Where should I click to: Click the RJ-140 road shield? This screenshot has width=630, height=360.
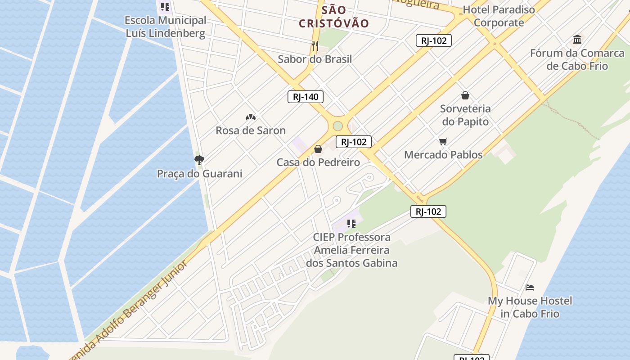click(306, 97)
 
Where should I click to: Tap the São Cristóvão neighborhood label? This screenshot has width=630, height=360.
click(334, 17)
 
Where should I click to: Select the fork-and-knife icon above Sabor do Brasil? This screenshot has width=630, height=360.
click(315, 45)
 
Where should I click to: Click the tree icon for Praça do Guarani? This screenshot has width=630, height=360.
click(199, 160)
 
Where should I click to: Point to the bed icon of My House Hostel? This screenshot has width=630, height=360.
click(530, 287)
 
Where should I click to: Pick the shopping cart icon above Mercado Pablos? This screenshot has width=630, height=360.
click(443, 142)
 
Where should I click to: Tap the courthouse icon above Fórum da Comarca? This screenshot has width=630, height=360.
click(577, 40)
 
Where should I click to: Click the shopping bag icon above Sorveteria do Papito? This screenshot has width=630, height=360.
click(465, 95)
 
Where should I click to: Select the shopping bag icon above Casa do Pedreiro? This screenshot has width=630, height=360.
click(318, 149)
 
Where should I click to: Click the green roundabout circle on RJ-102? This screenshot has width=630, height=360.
click(338, 126)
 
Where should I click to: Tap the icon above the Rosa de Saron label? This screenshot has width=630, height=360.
click(251, 117)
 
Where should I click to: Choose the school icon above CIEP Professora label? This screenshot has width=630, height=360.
click(351, 223)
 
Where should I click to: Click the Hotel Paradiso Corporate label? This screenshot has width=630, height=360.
click(499, 16)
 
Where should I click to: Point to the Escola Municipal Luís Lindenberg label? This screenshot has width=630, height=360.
click(165, 27)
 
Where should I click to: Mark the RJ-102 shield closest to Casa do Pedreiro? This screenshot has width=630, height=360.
click(354, 142)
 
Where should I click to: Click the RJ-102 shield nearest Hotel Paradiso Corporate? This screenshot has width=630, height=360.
click(433, 40)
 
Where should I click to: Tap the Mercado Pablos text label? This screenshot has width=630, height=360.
click(443, 155)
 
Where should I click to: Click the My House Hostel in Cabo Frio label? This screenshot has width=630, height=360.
click(530, 307)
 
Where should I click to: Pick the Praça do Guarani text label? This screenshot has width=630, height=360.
click(199, 174)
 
